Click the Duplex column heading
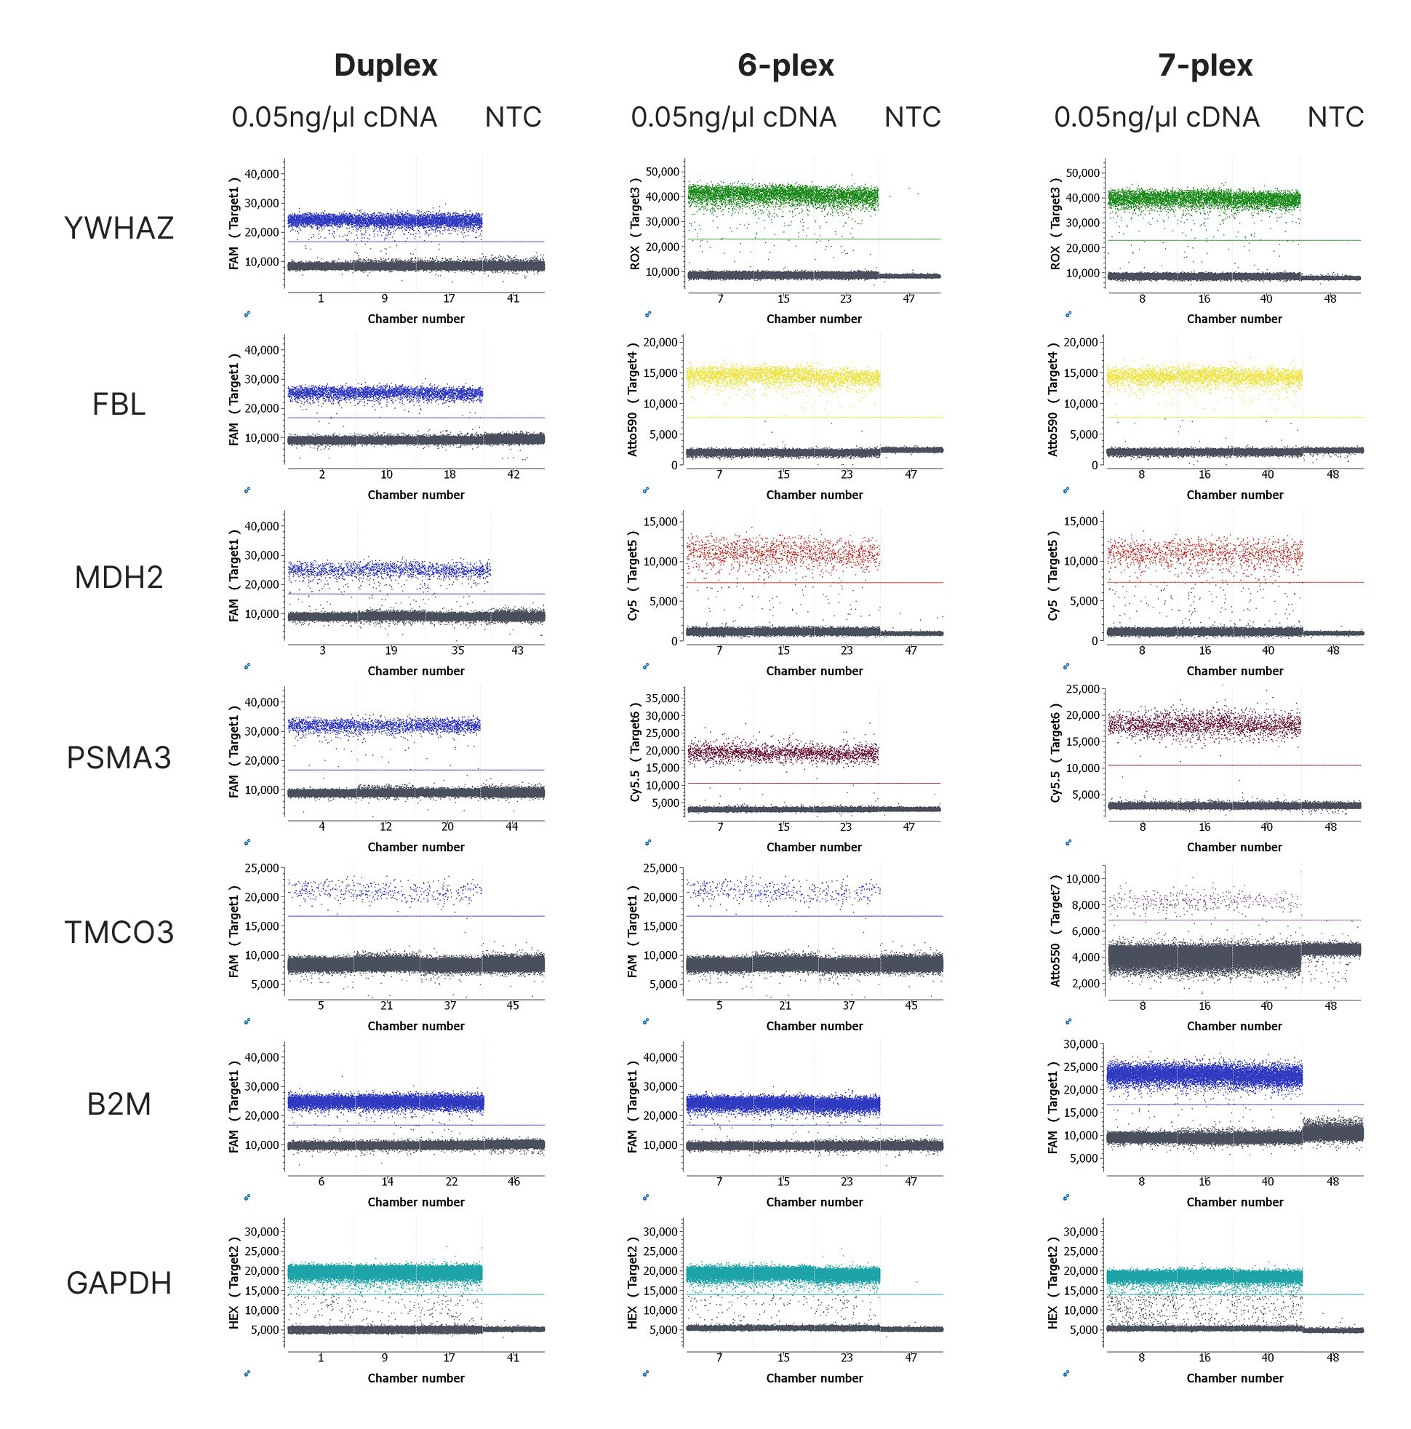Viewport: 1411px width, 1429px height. pos(385,65)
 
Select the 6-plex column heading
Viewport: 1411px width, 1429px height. pos(786,65)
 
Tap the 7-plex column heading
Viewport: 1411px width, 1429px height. pos(1205,65)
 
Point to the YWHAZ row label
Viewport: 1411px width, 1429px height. pos(119,228)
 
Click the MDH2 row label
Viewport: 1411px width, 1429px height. pos(119,577)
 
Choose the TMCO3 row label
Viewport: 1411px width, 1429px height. pos(119,932)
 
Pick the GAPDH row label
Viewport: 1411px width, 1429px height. pos(119,1283)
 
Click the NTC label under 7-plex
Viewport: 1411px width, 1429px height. pos(1335,117)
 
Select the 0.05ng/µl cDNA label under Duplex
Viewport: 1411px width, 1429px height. pos(335,117)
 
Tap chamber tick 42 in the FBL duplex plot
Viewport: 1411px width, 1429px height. pos(513,475)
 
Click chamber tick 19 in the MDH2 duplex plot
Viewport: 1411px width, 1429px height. pos(391,651)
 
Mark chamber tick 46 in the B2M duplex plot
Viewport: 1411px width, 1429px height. pos(513,1182)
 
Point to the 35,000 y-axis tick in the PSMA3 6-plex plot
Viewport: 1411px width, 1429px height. pos(663,698)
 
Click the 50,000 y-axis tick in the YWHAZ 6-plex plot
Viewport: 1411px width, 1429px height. pos(663,172)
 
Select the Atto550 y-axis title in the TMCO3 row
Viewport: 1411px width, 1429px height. pos(1055,965)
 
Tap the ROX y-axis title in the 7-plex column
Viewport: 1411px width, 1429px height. pos(1055,258)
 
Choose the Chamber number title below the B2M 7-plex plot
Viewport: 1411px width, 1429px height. pos(1234,1202)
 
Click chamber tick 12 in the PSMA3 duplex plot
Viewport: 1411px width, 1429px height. pos(385,827)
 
